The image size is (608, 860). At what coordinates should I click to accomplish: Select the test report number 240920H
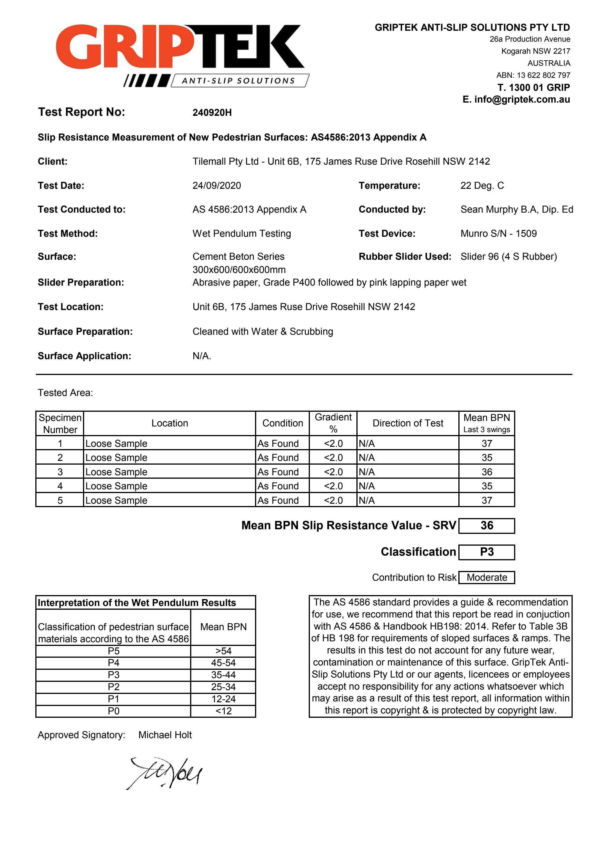pyautogui.click(x=212, y=112)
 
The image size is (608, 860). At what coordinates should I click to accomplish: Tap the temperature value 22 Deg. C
pyautogui.click(x=482, y=185)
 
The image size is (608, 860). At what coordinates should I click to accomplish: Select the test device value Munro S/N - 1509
pyautogui.click(x=498, y=233)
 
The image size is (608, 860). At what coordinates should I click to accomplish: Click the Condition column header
pyautogui.click(x=282, y=423)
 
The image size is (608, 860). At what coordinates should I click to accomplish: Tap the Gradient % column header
pyautogui.click(x=333, y=423)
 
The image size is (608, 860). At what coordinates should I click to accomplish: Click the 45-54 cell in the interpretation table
pyautogui.click(x=223, y=663)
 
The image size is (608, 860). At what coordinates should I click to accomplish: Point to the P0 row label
pyautogui.click(x=113, y=711)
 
